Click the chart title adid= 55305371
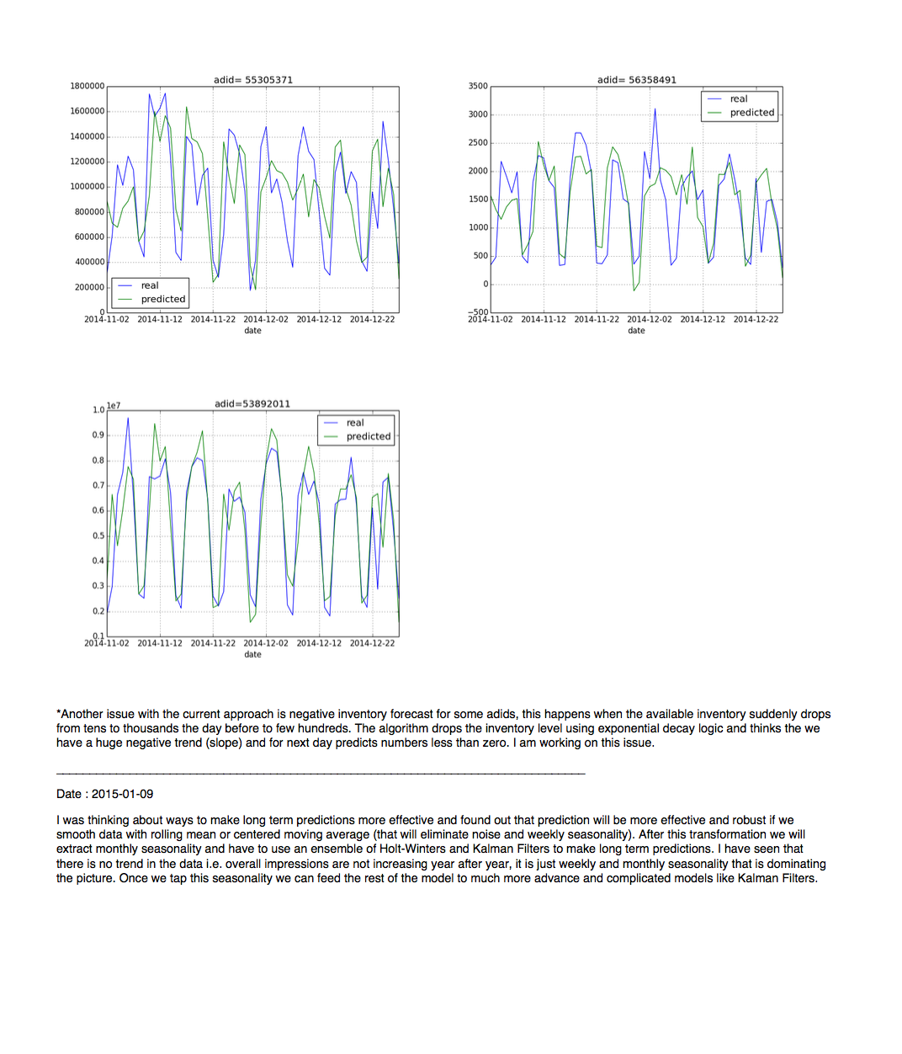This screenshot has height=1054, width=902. coord(252,80)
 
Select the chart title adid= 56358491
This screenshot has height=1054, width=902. coord(636,80)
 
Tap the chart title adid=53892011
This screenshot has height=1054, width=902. coord(252,404)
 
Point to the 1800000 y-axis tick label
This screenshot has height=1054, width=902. coord(88,86)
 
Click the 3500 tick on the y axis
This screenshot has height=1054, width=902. coord(478,86)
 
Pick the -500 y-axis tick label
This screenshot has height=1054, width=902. coord(478,312)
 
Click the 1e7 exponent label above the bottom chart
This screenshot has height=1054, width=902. coord(114,406)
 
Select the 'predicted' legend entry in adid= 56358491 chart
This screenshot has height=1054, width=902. coord(751,113)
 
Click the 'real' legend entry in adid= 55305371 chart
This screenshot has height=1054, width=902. coord(150,286)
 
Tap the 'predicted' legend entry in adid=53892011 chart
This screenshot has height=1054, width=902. coord(368,437)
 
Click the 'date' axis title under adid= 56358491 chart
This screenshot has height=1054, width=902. coord(636,331)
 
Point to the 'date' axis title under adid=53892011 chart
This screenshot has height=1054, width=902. coord(252,655)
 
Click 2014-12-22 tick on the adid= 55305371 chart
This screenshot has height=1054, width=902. coord(372,320)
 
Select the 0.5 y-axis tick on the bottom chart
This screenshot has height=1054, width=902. coord(98,535)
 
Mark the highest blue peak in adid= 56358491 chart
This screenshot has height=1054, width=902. coord(655,109)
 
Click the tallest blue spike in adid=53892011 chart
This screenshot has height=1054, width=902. coord(128,418)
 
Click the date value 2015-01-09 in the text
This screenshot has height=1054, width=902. coord(122,794)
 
